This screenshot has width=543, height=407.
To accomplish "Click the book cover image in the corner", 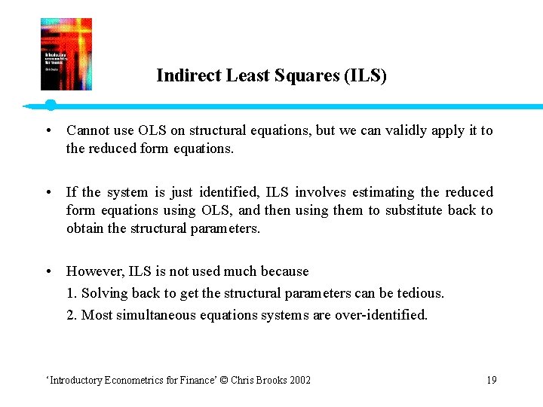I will (x=66, y=54).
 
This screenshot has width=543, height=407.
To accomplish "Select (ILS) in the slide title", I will (x=364, y=76).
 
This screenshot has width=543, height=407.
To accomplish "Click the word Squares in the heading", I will (x=305, y=76).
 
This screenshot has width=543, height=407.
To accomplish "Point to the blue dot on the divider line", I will (x=50, y=105).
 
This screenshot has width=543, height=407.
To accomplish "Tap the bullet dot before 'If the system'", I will (x=48, y=193).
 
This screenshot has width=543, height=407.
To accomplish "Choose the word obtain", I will (x=84, y=228).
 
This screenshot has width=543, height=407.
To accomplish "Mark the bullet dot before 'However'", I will (x=48, y=271).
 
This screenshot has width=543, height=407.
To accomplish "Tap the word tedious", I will (x=421, y=292).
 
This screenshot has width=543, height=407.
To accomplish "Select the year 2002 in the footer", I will (x=298, y=380).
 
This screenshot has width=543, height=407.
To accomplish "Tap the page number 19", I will (x=491, y=380).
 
